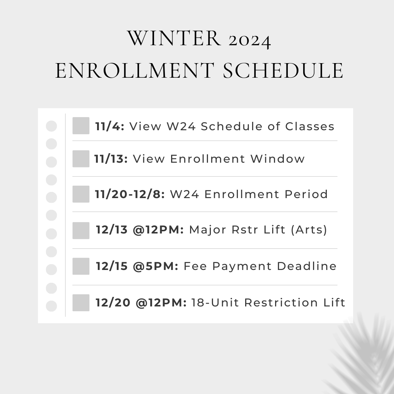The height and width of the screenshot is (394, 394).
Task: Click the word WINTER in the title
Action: (x=174, y=38)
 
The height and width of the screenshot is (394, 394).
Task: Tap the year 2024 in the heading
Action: (x=250, y=40)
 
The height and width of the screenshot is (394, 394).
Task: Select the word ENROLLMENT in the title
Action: (x=134, y=71)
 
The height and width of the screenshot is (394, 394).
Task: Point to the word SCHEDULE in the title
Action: (x=283, y=71)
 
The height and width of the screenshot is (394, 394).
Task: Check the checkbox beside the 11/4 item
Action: (x=81, y=125)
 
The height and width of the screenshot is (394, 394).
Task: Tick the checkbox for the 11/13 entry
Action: (x=81, y=159)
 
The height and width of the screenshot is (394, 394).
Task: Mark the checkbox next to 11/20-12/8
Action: (x=81, y=194)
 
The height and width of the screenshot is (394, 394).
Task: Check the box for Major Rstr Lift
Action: (x=81, y=231)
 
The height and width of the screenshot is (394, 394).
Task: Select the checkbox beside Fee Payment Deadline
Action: (x=81, y=266)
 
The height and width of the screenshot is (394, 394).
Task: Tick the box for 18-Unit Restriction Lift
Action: (x=81, y=303)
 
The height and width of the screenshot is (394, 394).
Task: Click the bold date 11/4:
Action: (x=110, y=126)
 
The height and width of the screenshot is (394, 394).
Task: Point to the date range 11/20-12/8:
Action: (x=130, y=194)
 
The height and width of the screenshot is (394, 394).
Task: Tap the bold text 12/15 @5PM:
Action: (x=137, y=266)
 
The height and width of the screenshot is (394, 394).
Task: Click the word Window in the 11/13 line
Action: (x=277, y=159)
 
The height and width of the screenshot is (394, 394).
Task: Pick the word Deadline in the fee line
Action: (x=306, y=266)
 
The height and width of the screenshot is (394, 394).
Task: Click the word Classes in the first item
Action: (x=310, y=126)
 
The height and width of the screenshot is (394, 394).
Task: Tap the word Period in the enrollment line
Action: (x=306, y=194)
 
